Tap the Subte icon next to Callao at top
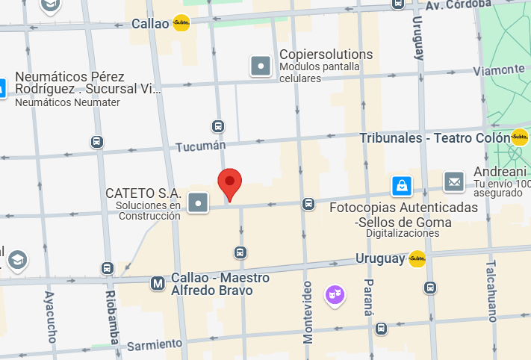coord(181,23)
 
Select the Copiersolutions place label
coord(326,55)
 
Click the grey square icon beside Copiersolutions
coord(261,66)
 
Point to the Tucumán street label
coord(200,147)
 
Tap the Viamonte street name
coord(499,70)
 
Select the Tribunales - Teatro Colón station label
coord(433,138)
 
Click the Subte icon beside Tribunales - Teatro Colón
coord(520,137)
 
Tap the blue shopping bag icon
coord(402,184)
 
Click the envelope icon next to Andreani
coord(454,181)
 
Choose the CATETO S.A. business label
coord(143,193)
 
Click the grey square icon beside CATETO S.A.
coord(198,202)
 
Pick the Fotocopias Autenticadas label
coord(403,207)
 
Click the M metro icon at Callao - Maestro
coord(158,284)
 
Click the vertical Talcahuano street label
coord(491,291)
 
